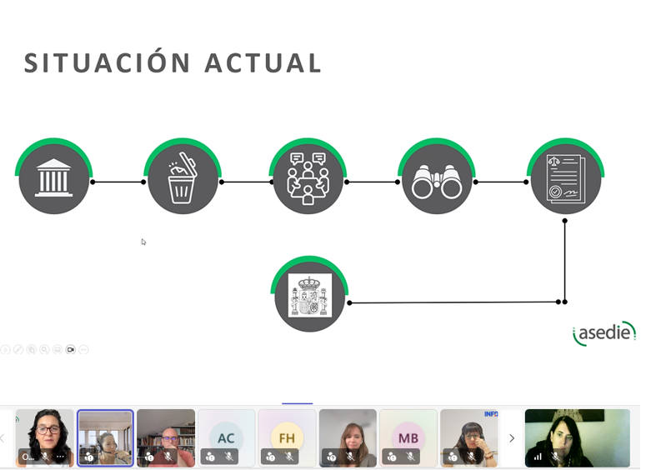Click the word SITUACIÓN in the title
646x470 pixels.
click(108, 62)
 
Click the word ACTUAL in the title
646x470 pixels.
click(263, 63)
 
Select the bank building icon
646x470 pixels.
click(53, 177)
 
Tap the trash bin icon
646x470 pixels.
click(182, 178)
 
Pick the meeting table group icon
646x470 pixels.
click(308, 178)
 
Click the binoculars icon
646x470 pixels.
click(437, 182)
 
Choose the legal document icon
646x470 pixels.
click(566, 178)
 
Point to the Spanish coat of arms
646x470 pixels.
click(310, 295)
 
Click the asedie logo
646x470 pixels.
click(604, 332)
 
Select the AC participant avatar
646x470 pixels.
click(226, 437)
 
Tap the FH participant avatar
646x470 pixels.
click(287, 437)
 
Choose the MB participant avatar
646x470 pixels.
click(408, 437)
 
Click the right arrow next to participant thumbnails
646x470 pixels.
click(512, 437)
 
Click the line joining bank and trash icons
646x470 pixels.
click(118, 182)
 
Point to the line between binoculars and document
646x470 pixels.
click(501, 182)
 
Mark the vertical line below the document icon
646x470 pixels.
click(565, 262)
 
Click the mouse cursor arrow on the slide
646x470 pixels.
click(143, 242)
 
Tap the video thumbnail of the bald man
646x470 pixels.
click(166, 437)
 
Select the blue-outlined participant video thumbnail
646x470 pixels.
click(106, 437)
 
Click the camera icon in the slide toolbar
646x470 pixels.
click(71, 350)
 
